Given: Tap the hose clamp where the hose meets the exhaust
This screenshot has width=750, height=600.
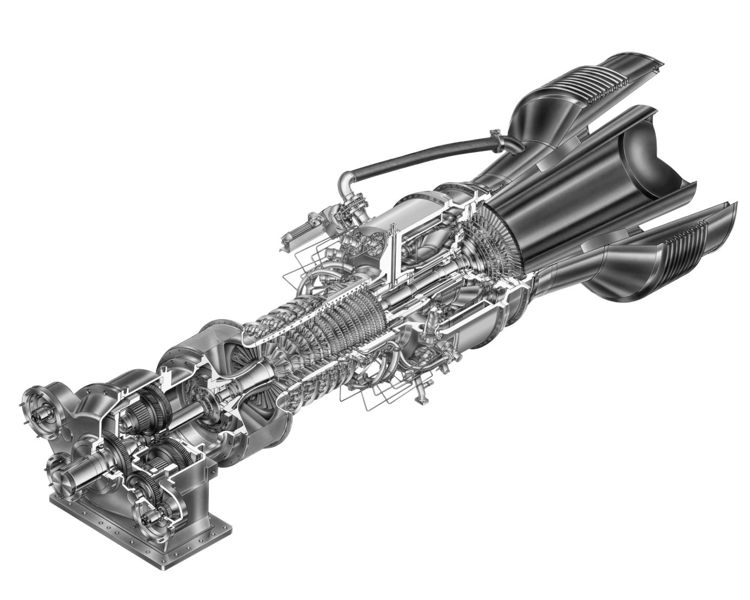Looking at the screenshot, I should coord(494,132).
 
